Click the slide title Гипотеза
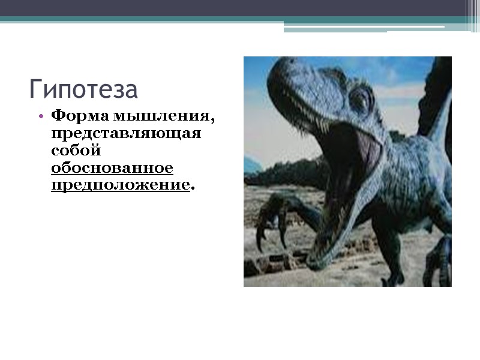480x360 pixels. (83, 89)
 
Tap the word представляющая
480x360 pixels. (126, 132)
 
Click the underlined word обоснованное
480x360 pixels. (112, 167)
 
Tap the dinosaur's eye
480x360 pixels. (361, 98)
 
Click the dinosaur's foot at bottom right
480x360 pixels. (438, 264)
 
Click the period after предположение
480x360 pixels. (193, 188)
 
